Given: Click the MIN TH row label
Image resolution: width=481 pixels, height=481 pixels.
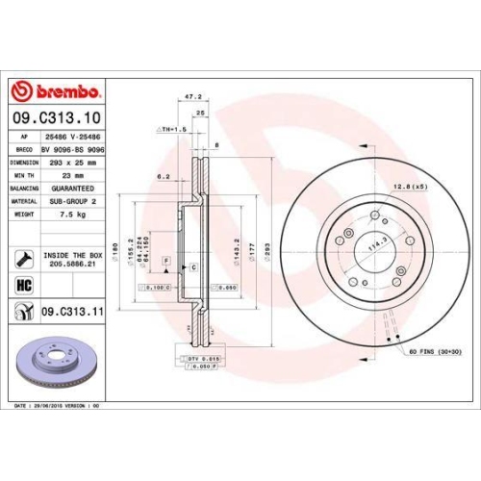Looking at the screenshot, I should pyautogui.click(x=25, y=176).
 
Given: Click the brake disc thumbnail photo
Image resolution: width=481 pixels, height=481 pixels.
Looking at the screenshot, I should pyautogui.click(x=61, y=367).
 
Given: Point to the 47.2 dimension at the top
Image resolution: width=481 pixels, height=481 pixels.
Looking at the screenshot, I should pyautogui.click(x=191, y=97).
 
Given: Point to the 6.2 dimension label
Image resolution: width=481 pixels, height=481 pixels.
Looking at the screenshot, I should pyautogui.click(x=163, y=177).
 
